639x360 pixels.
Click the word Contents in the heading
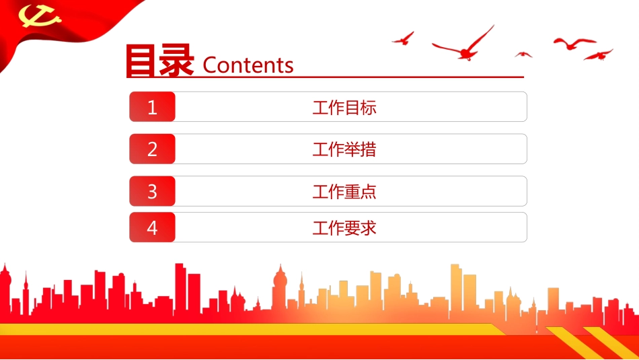point(248,65)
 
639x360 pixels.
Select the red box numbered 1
point(152,107)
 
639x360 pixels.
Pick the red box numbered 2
point(152,149)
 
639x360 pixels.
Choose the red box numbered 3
point(152,191)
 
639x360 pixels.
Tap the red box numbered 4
point(152,227)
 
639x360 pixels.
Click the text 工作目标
point(344,107)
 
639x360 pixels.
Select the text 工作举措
point(344,149)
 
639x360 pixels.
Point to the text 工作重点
point(344,191)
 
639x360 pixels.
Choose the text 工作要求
point(344,227)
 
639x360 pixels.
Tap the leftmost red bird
point(403,38)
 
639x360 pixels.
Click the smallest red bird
point(523,54)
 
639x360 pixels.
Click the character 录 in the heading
point(177,60)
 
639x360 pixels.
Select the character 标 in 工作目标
point(369,107)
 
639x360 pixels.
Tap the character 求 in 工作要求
point(369,227)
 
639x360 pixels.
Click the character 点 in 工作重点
point(369,191)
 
